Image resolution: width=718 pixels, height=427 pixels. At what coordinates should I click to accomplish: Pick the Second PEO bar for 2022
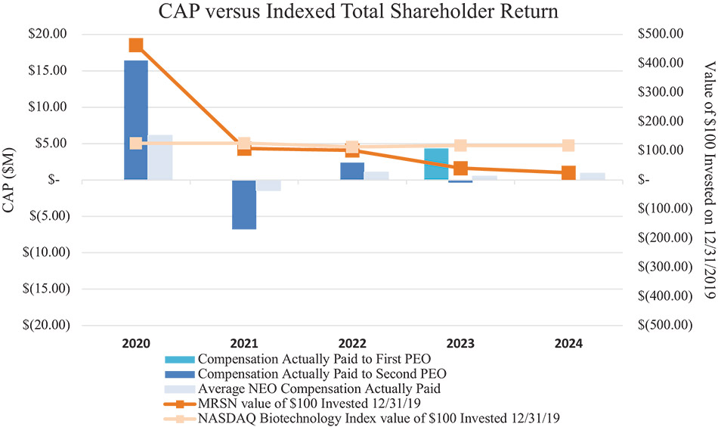click(x=352, y=171)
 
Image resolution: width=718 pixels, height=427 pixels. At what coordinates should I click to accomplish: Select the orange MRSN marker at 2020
click(x=136, y=45)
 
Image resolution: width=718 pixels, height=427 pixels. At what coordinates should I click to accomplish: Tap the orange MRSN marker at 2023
click(x=460, y=168)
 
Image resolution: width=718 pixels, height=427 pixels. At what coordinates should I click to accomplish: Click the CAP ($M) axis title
click(x=11, y=179)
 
